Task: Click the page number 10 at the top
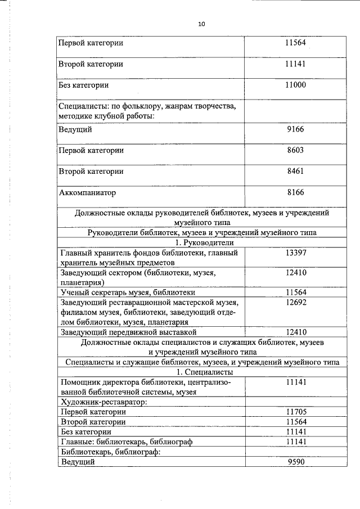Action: pos(201,24)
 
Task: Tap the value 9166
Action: pos(295,129)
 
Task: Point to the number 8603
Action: pos(295,150)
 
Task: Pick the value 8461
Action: pos(295,171)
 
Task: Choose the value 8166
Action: pos(295,192)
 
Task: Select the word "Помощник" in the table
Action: pos(79,382)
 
